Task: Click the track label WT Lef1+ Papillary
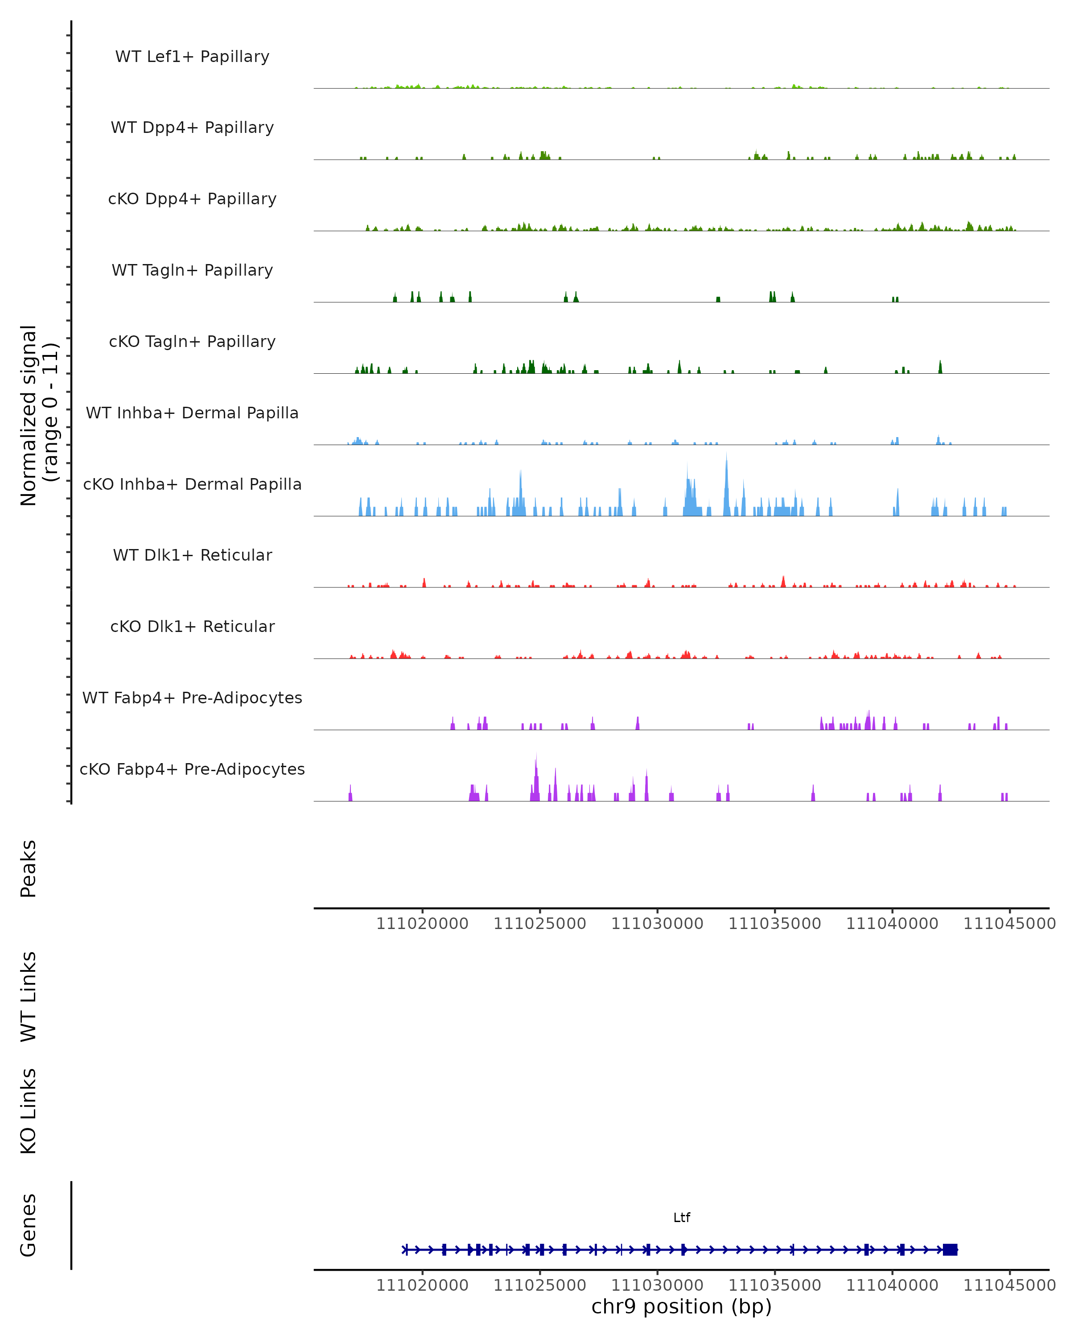coord(192,57)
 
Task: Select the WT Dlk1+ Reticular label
coord(192,555)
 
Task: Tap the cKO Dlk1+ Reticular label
coord(192,626)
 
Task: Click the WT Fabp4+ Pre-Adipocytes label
coord(192,698)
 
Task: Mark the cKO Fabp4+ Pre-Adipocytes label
coord(192,769)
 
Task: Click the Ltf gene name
coord(682,1218)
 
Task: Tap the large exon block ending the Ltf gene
coord(950,1249)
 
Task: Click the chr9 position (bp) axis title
coord(682,1306)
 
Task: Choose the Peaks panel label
coord(29,868)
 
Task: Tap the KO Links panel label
coord(29,1111)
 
